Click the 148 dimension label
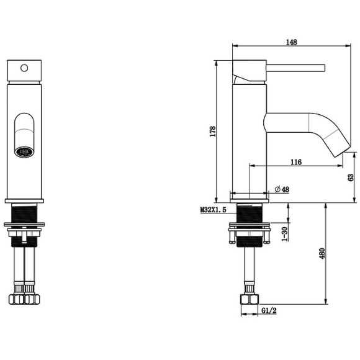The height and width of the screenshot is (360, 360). pyautogui.click(x=291, y=42)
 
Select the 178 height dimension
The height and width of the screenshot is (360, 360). pyautogui.click(x=213, y=132)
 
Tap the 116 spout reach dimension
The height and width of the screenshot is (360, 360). pyautogui.click(x=296, y=163)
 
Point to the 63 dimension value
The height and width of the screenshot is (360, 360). pyautogui.click(x=351, y=178)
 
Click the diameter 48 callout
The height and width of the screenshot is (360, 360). pyautogui.click(x=282, y=189)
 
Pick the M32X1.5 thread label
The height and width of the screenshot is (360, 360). pyautogui.click(x=214, y=210)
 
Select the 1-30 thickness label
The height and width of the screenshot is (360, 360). pyautogui.click(x=284, y=234)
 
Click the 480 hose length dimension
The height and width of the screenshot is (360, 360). pyautogui.click(x=322, y=253)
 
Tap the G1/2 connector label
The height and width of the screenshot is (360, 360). pyautogui.click(x=269, y=310)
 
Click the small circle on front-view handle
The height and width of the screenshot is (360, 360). pyautogui.click(x=24, y=68)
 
